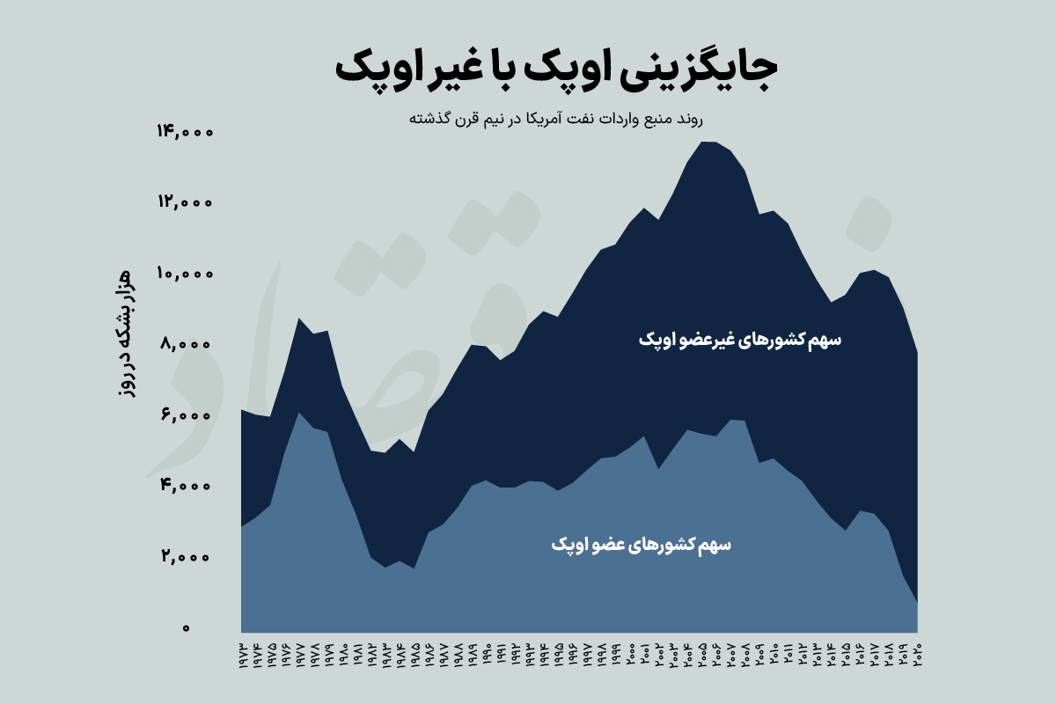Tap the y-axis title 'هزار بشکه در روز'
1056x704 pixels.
(125, 334)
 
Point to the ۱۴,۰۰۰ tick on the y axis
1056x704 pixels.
(185, 132)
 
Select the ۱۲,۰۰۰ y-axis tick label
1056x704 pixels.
(185, 202)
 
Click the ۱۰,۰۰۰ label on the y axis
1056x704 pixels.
(185, 274)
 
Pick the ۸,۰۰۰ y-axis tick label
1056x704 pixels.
(187, 345)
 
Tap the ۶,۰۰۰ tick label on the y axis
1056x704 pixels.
(187, 415)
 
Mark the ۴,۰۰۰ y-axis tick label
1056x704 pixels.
(187, 487)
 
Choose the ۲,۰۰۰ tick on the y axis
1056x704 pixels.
(187, 557)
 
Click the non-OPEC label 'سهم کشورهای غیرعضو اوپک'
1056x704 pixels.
(739, 341)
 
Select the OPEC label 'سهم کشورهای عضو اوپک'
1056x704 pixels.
(642, 546)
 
